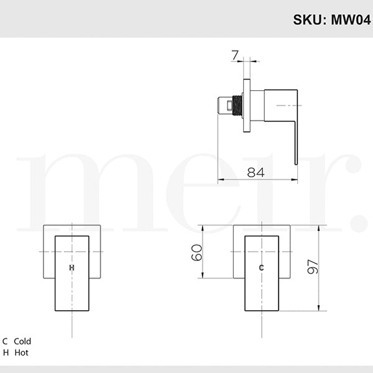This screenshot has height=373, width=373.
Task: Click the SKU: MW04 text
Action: (332, 19)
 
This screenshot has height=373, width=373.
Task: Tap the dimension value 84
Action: (256, 172)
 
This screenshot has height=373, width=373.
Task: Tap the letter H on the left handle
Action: (71, 267)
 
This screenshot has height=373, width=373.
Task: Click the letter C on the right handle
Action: (261, 267)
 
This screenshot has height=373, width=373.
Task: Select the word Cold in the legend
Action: (22, 341)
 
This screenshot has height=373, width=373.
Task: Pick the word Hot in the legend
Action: (21, 352)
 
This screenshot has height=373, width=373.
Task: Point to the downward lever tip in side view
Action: (296, 160)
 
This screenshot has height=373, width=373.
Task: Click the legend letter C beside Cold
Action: (6, 341)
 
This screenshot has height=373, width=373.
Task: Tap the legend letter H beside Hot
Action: (6, 352)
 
